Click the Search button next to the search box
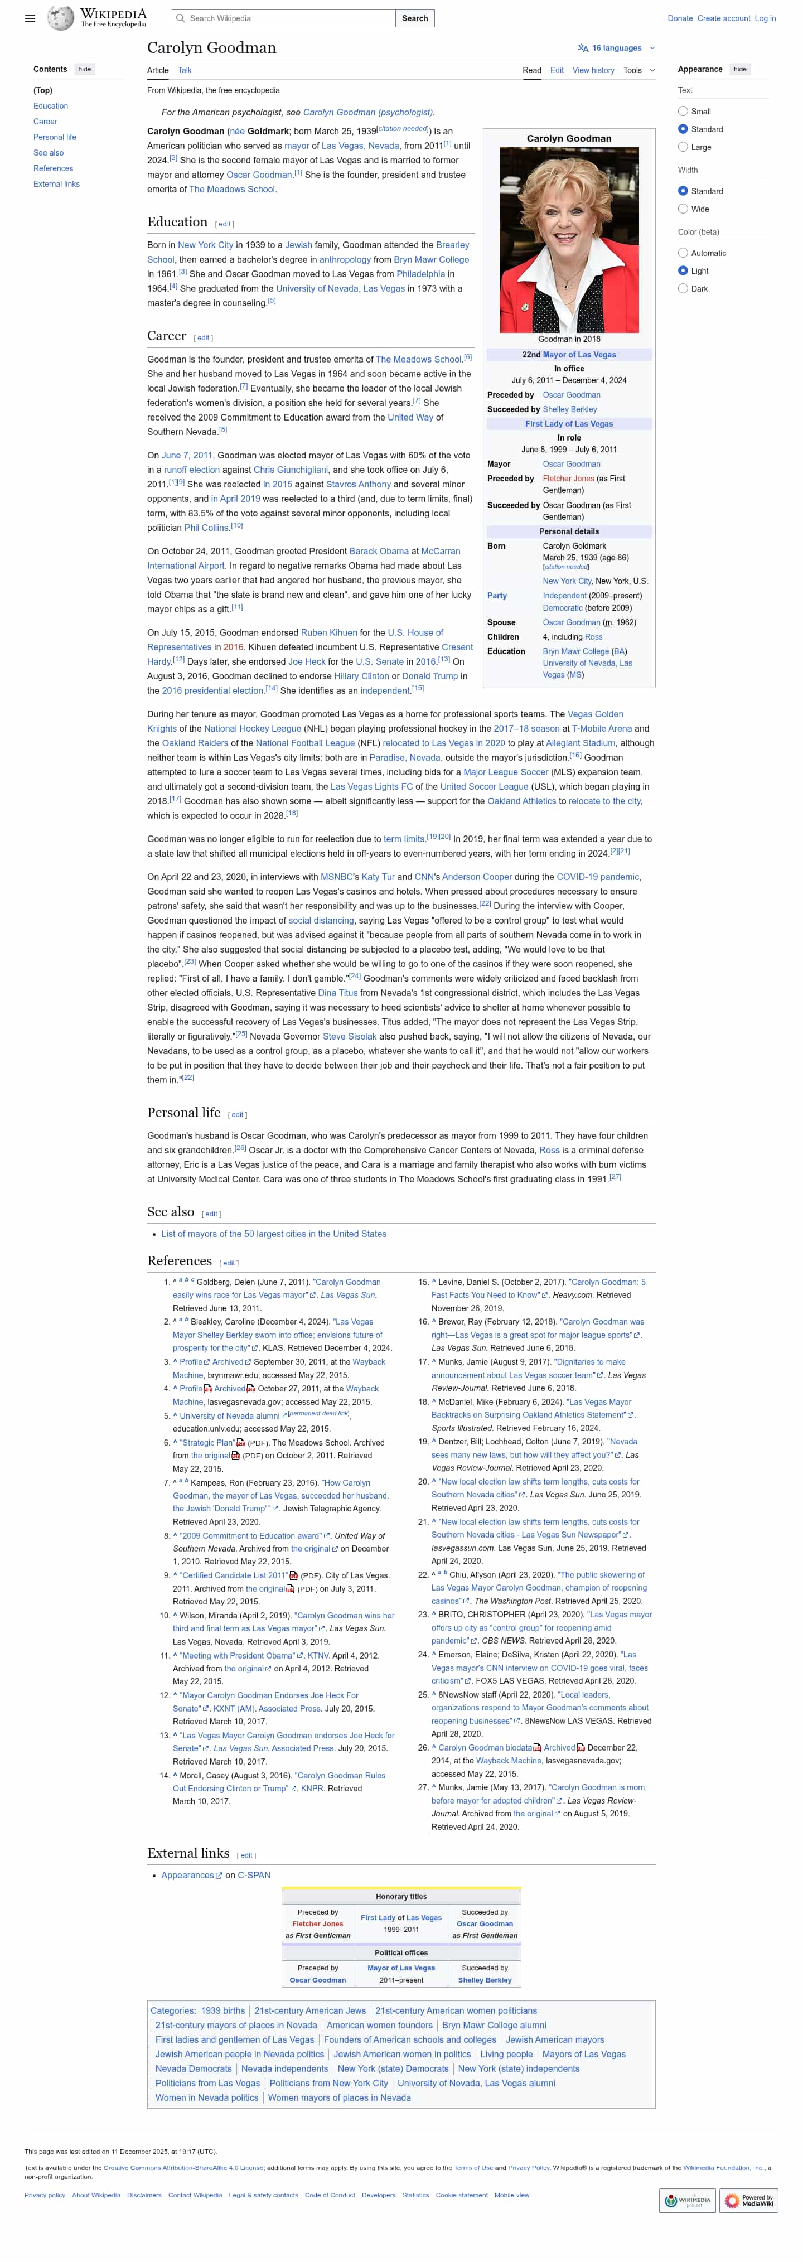click(x=414, y=18)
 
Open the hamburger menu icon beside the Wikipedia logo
click(x=30, y=18)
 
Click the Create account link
click(x=723, y=18)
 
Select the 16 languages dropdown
click(x=616, y=49)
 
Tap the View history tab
click(x=593, y=70)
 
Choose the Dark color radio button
click(x=683, y=289)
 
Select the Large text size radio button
click(x=683, y=148)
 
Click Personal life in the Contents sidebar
click(x=55, y=137)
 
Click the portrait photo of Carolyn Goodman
click(x=569, y=240)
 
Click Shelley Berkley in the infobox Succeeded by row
click(x=569, y=409)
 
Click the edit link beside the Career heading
click(x=203, y=338)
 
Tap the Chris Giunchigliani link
click(x=291, y=470)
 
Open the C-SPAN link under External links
click(x=254, y=1875)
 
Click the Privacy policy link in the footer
click(x=45, y=2195)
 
